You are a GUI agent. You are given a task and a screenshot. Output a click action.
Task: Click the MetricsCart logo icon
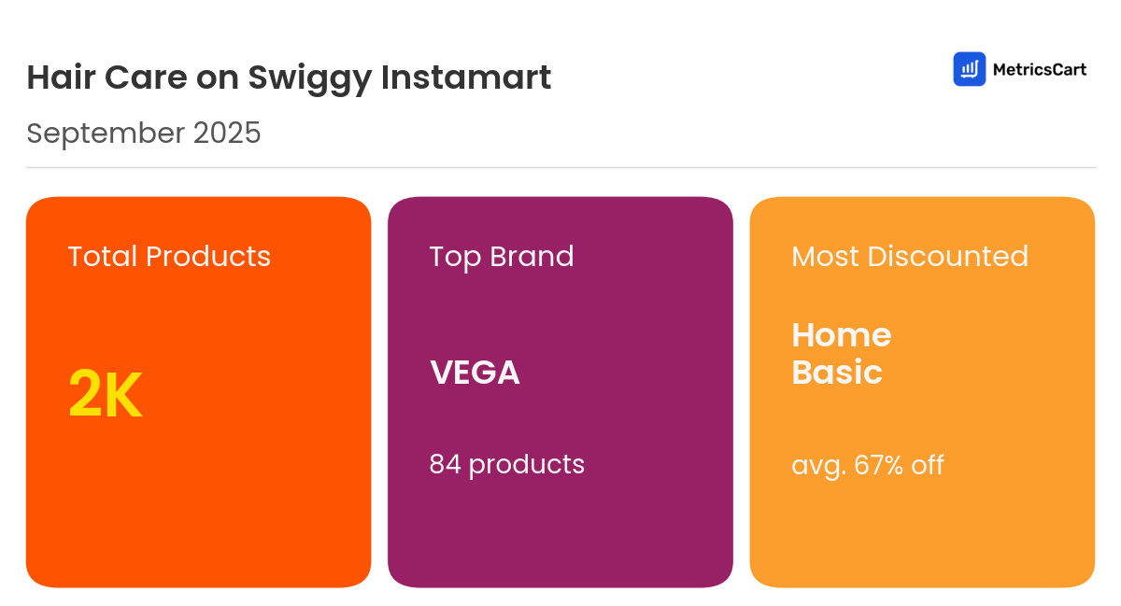click(x=969, y=69)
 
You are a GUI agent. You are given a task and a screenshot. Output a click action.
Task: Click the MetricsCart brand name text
click(x=1039, y=69)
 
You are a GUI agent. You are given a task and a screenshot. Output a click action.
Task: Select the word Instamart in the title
click(x=466, y=78)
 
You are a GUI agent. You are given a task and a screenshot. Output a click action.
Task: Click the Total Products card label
click(x=169, y=257)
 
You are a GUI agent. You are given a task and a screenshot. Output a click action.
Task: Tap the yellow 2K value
click(x=105, y=396)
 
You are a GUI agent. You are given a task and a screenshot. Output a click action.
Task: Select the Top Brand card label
click(x=502, y=257)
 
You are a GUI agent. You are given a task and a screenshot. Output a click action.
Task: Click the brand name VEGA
click(x=475, y=373)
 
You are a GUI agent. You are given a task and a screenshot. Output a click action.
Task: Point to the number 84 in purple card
click(x=445, y=464)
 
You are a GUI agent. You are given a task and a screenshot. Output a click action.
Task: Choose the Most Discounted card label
click(x=910, y=257)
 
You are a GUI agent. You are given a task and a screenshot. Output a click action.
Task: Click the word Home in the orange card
click(x=842, y=335)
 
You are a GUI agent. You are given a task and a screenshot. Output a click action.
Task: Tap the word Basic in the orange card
click(x=837, y=373)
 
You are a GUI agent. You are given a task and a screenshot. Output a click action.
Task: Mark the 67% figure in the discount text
click(x=877, y=465)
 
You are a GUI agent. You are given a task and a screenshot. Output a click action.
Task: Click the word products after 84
click(x=527, y=465)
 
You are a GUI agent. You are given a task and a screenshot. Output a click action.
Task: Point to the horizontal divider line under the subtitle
click(x=560, y=168)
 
